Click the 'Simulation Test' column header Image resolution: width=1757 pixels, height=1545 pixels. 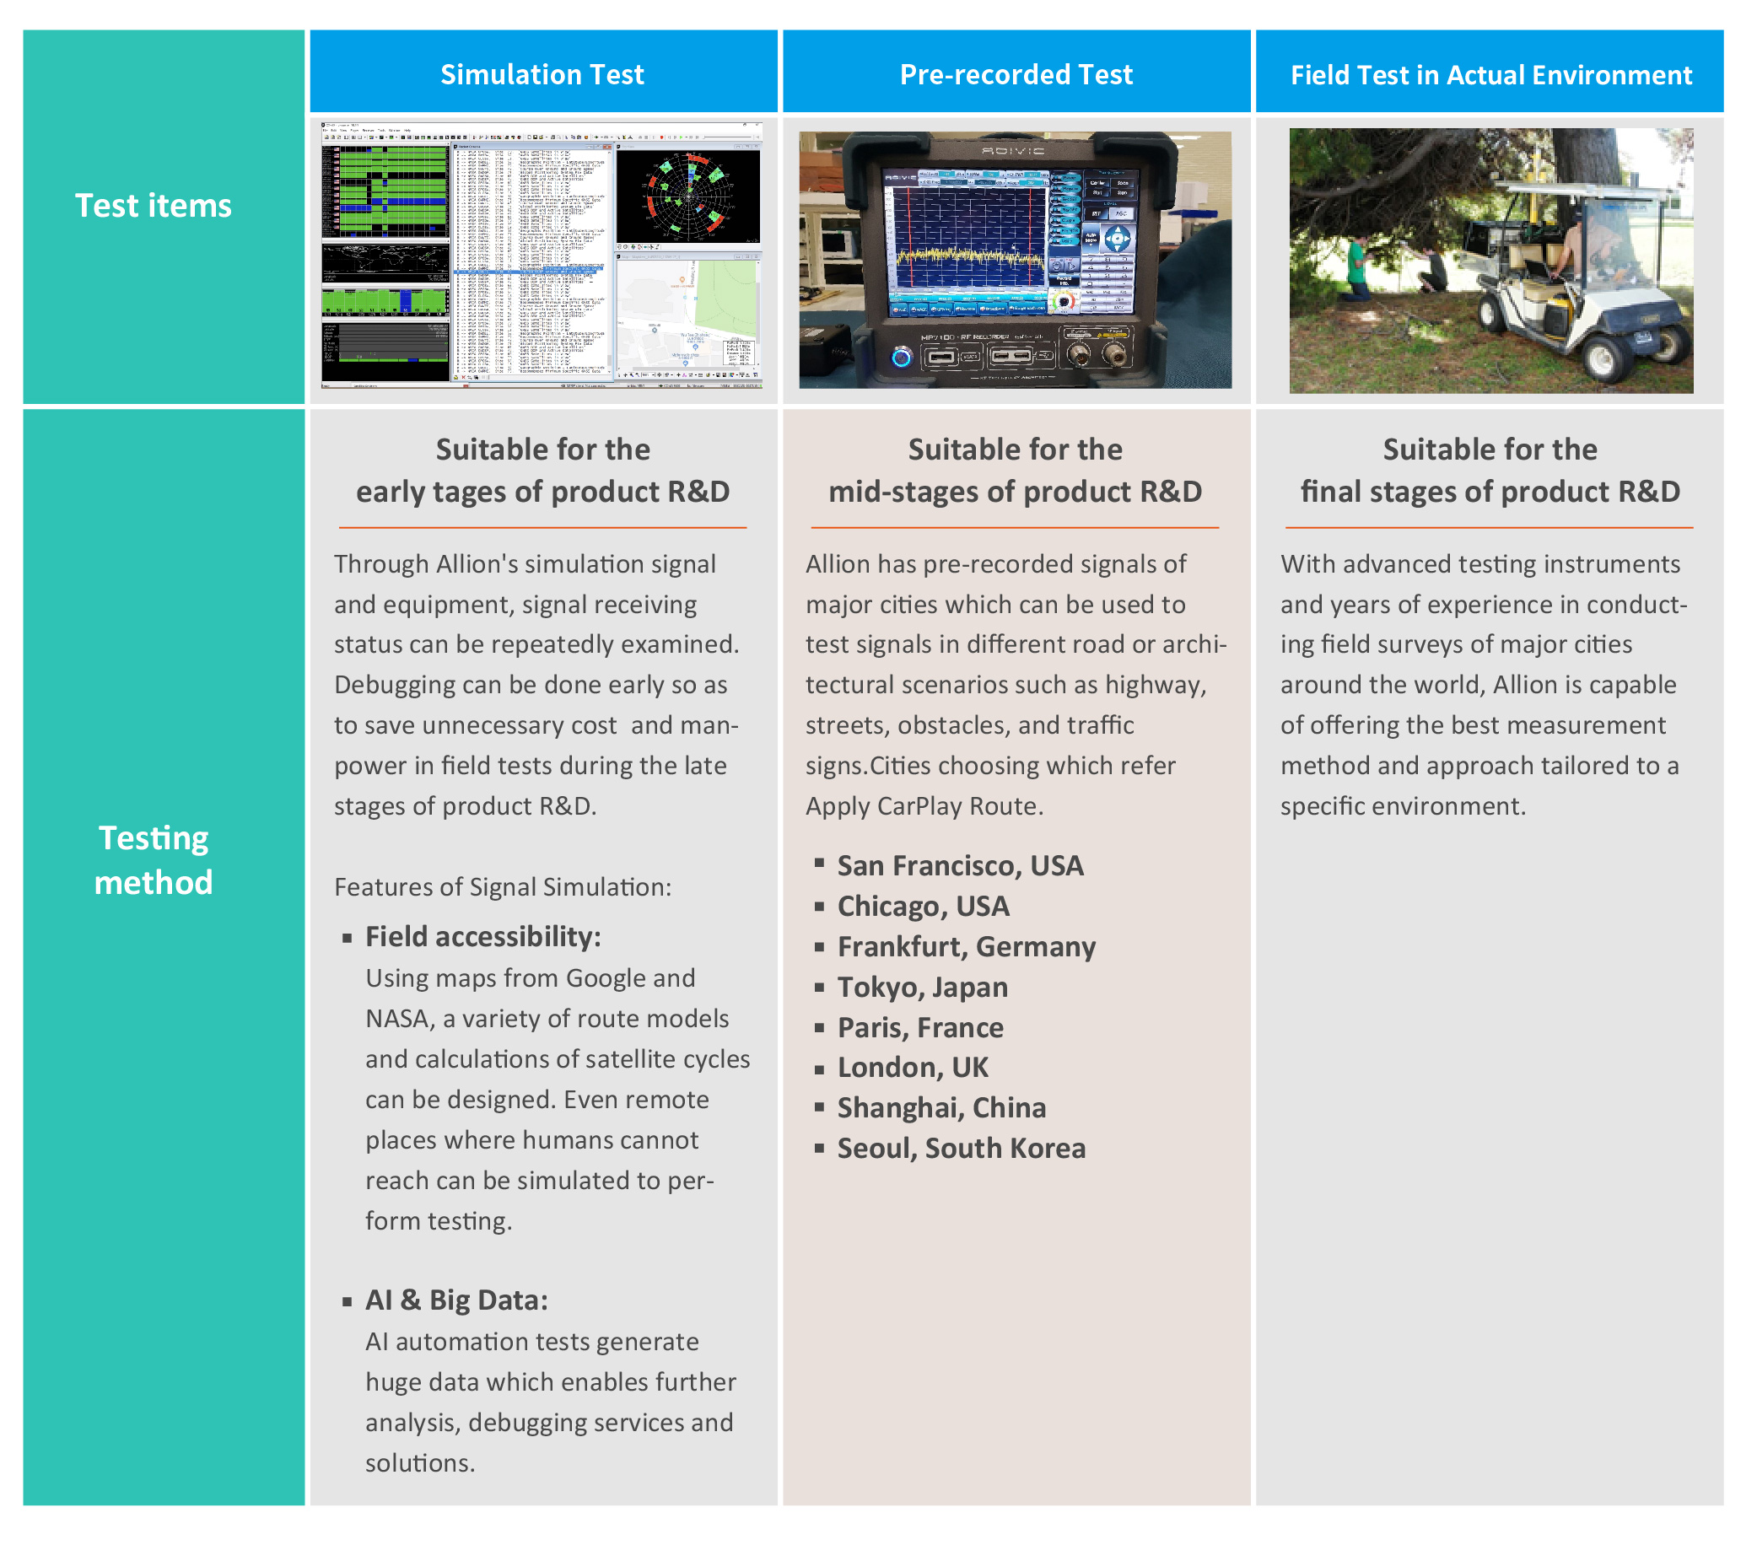click(x=542, y=75)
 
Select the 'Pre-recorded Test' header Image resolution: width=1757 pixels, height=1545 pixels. click(x=1016, y=75)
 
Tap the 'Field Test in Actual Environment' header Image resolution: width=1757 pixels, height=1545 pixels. click(x=1490, y=76)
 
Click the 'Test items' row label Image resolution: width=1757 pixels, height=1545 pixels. click(x=153, y=207)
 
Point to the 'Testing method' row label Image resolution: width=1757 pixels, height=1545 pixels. click(x=153, y=859)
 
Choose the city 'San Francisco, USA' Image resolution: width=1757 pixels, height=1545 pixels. click(x=959, y=865)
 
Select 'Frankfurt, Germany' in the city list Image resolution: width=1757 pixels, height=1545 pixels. click(x=965, y=946)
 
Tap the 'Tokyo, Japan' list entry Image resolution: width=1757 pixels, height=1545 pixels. click(x=921, y=987)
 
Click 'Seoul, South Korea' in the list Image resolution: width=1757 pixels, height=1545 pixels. click(x=960, y=1148)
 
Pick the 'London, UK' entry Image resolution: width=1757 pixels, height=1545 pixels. click(x=912, y=1067)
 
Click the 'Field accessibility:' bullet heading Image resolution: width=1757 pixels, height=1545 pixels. click(x=482, y=937)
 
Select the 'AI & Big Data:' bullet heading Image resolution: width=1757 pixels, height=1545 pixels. click(x=455, y=1300)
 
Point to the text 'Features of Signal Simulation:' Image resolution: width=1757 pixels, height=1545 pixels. click(x=502, y=887)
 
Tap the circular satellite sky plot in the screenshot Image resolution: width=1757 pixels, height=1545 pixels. click(x=687, y=196)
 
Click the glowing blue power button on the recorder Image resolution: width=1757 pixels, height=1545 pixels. click(x=901, y=356)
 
